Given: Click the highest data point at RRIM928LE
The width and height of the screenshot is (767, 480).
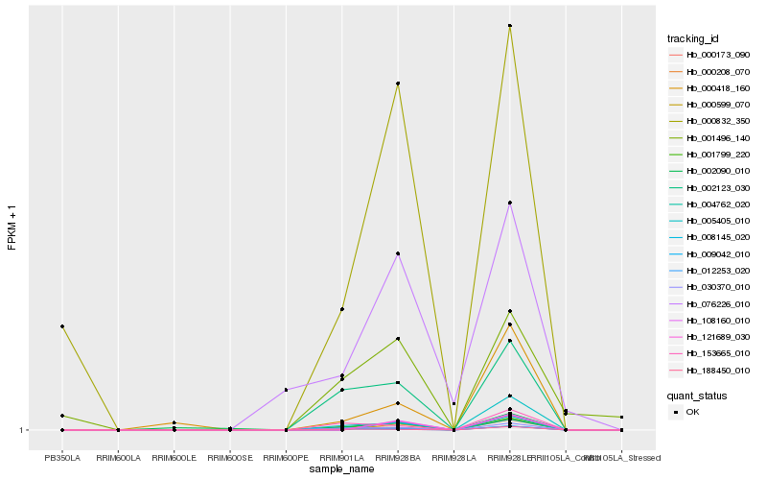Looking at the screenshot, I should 509,26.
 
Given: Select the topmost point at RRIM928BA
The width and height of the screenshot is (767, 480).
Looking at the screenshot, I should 397,84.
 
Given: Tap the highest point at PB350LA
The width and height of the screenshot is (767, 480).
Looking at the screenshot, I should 62,326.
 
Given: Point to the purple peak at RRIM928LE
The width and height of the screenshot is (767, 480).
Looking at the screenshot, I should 509,203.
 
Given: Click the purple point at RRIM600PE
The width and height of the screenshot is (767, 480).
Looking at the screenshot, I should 286,390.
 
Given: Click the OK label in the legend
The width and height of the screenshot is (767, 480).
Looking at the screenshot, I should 693,411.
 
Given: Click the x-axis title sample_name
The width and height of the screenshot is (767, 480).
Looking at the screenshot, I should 341,469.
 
